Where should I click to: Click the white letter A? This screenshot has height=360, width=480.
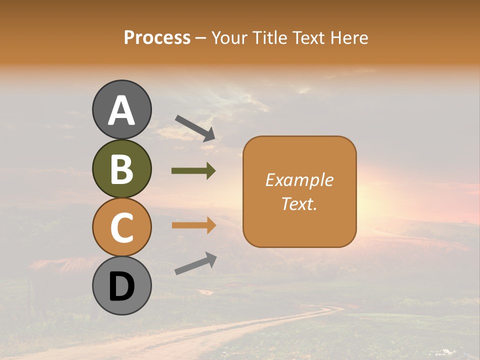(x=122, y=111)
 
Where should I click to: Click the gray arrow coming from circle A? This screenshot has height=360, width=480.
(x=195, y=128)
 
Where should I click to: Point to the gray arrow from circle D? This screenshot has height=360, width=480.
(x=195, y=263)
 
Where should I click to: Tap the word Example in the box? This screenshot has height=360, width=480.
(x=299, y=180)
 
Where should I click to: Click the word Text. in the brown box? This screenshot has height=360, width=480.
(x=299, y=203)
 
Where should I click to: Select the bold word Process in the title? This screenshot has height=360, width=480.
(x=157, y=38)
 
